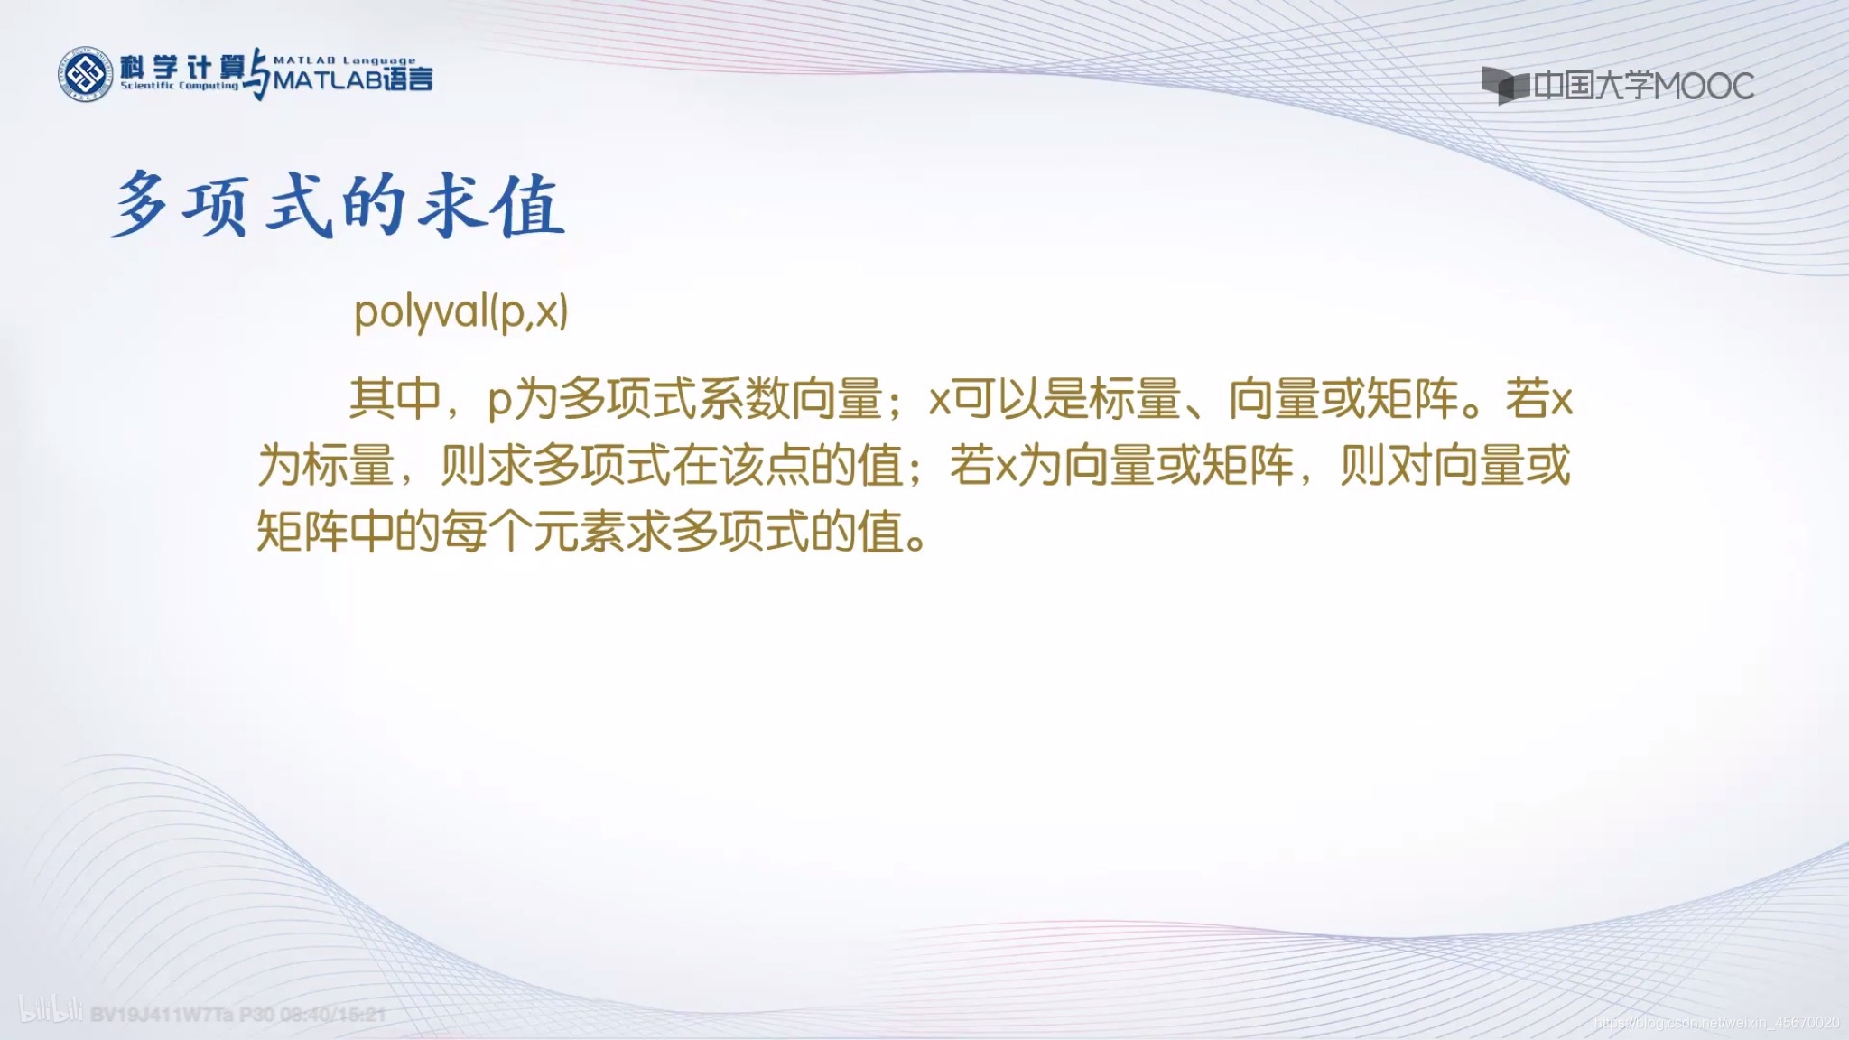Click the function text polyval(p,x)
tap(461, 312)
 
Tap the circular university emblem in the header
tap(87, 74)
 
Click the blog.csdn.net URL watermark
tap(1715, 1023)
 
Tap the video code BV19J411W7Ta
tap(162, 1015)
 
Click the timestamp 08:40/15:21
tap(332, 1015)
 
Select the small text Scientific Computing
tap(179, 86)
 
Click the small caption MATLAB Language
tap(344, 60)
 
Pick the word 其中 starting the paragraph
tap(395, 397)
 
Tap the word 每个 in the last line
tap(488, 532)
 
